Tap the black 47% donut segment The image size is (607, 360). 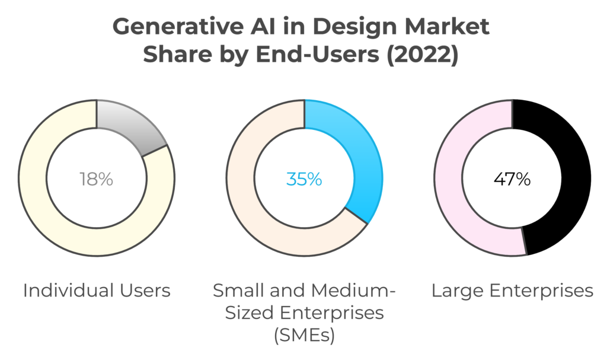(560, 178)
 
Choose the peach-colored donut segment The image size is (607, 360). (255, 196)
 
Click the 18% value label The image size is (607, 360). (96, 179)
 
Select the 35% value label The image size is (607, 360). (304, 179)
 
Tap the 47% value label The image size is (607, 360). (512, 179)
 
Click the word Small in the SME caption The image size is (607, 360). (235, 291)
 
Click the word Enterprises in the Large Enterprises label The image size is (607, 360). (540, 291)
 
